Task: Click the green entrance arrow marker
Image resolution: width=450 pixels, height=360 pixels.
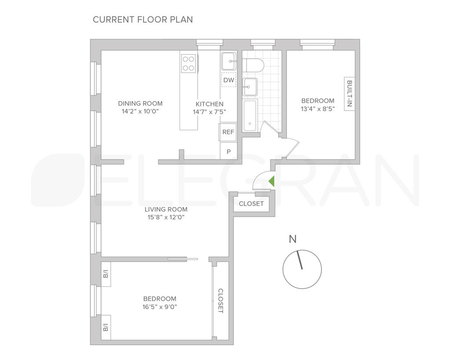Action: pos(272,181)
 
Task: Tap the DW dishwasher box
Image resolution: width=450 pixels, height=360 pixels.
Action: pos(229,80)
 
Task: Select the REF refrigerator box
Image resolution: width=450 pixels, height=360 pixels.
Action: pos(228,132)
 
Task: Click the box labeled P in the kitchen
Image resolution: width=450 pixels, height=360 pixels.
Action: pos(229,151)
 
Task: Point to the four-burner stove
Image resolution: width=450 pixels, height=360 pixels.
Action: pos(189,63)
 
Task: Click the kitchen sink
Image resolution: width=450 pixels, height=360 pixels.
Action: pos(229,61)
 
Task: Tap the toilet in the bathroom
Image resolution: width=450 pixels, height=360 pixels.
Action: pos(254,65)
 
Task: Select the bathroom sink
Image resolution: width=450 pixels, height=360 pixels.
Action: pos(250,87)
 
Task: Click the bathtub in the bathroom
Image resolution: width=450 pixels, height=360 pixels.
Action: pos(250,116)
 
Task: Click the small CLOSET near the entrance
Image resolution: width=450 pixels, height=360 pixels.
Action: pos(251,204)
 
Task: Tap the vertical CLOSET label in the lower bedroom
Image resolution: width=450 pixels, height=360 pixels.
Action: pos(221,301)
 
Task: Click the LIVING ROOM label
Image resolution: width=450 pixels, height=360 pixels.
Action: pos(167,209)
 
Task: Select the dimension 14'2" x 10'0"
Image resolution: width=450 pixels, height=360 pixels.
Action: pos(140,112)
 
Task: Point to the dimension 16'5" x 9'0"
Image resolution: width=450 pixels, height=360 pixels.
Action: pos(160,307)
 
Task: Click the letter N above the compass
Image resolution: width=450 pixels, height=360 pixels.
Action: pos(293,240)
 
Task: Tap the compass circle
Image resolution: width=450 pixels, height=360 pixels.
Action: pos(302,269)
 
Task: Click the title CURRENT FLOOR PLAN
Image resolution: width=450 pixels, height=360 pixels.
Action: pos(143,19)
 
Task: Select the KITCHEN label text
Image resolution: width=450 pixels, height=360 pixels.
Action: pos(209,104)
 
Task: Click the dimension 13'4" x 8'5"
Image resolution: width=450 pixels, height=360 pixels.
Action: pos(318,109)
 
